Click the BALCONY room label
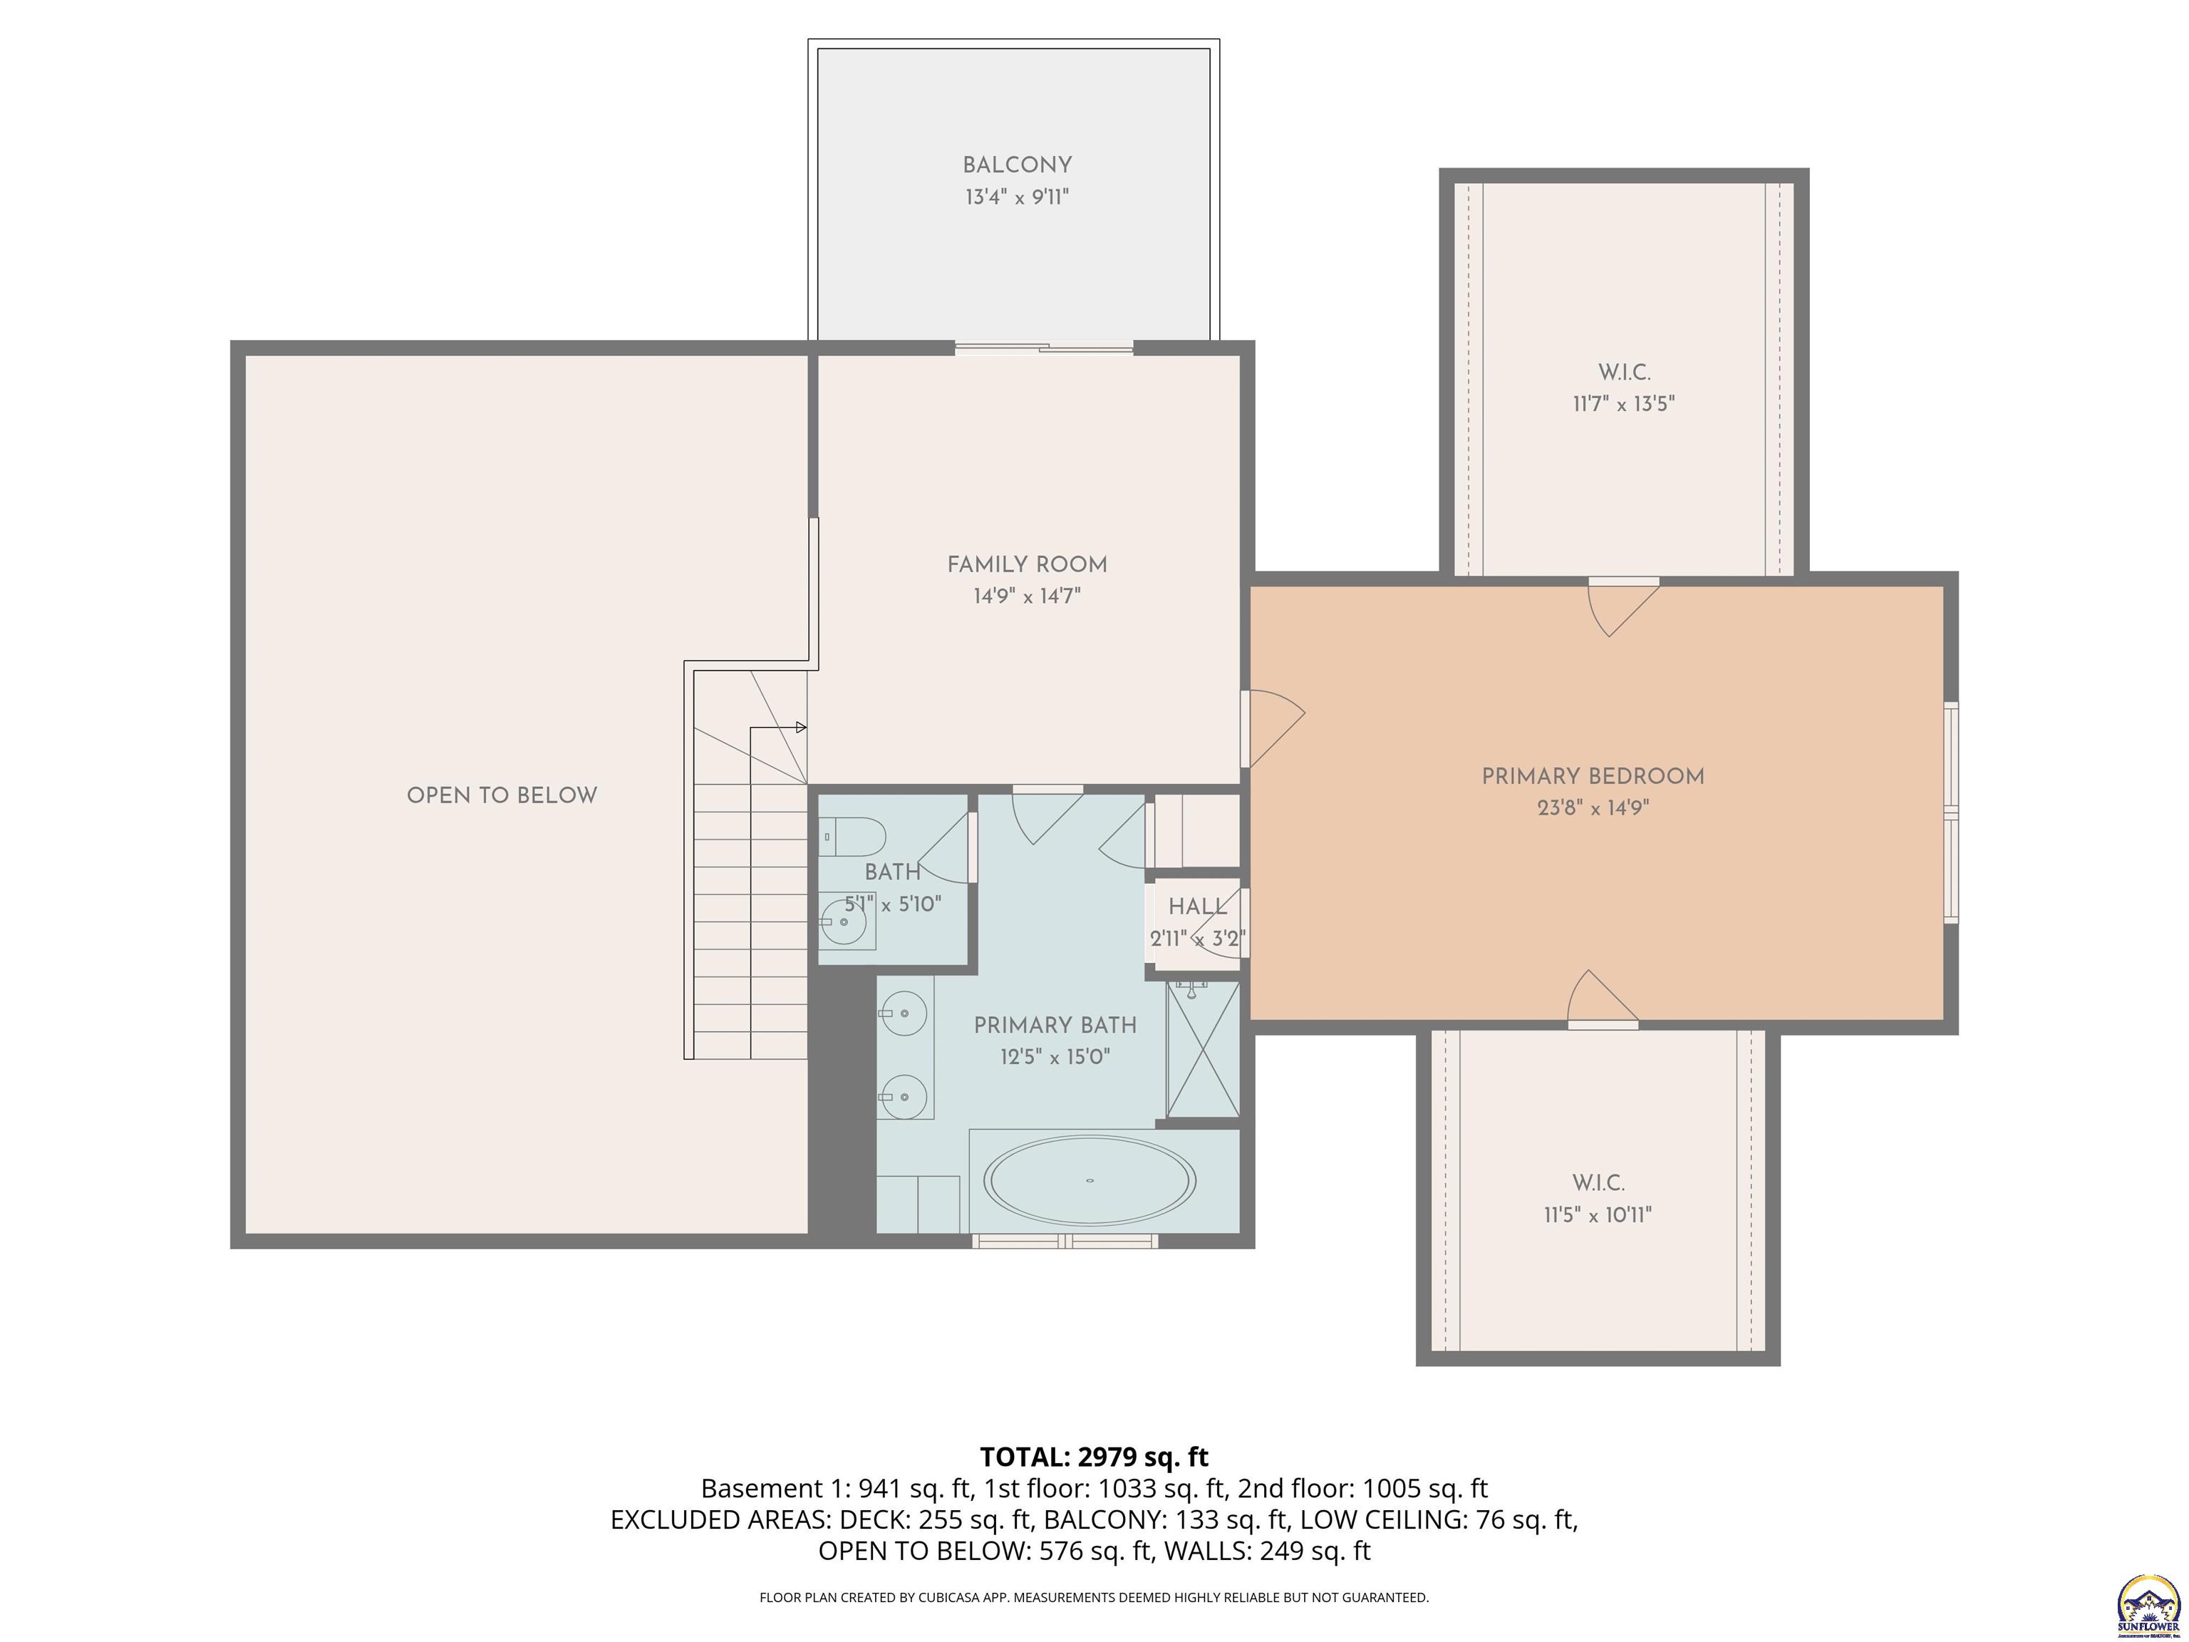[1016, 165]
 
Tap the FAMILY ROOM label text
[1026, 564]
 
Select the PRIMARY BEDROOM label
[1593, 776]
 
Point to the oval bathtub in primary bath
[1090, 1179]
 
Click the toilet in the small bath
[853, 837]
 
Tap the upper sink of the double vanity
[903, 1013]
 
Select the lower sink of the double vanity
[903, 1097]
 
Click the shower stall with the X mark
[1202, 1048]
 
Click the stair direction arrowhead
[801, 728]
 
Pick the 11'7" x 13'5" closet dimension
[1623, 404]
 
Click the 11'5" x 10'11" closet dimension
[1598, 1214]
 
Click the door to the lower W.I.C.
[1601, 1000]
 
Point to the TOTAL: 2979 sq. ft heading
[1094, 1457]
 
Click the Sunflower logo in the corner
[2148, 1604]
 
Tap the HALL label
[1196, 907]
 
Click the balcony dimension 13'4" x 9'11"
[1016, 197]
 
